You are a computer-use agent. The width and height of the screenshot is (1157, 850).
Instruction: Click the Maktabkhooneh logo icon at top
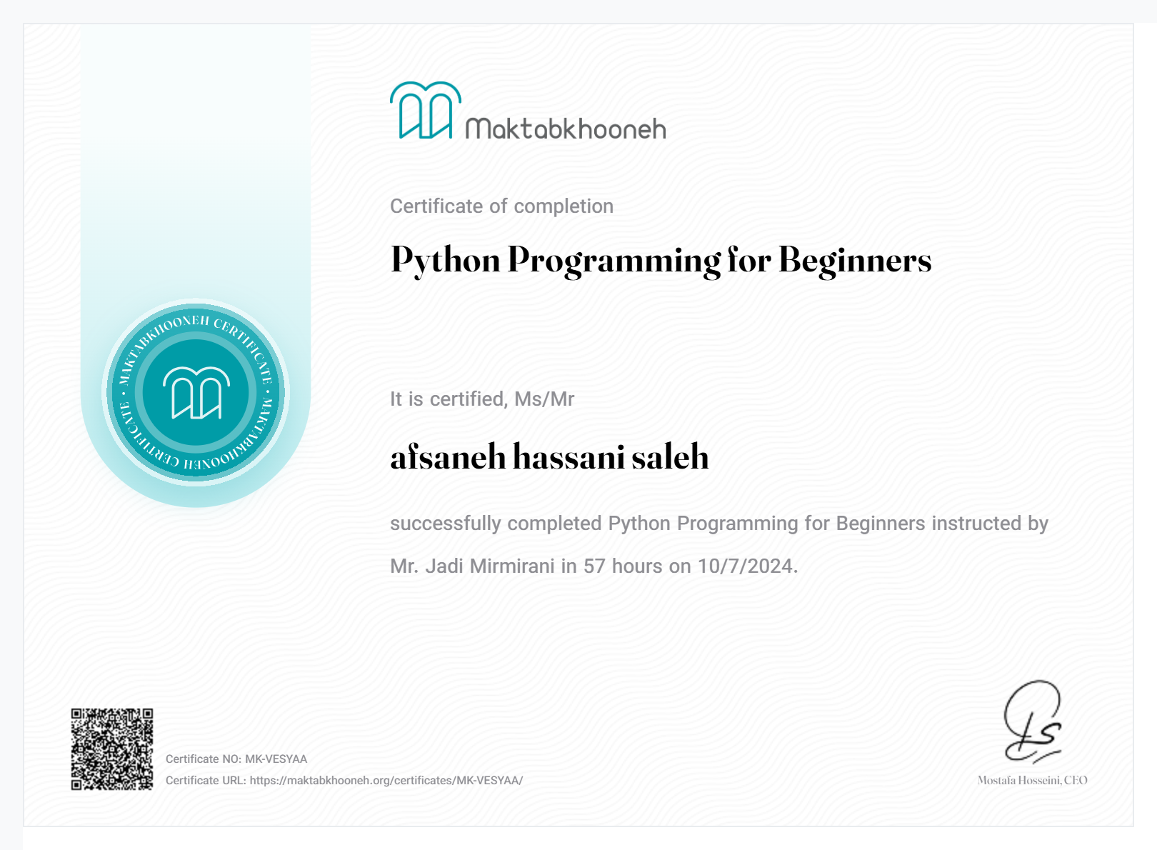click(x=426, y=111)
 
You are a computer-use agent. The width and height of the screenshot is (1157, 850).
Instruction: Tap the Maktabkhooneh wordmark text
click(x=566, y=129)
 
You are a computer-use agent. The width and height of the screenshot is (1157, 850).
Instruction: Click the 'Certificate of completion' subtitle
click(x=501, y=206)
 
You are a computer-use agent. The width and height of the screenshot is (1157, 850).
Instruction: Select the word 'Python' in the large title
click(x=446, y=260)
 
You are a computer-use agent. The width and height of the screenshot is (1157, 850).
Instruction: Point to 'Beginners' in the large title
click(x=855, y=260)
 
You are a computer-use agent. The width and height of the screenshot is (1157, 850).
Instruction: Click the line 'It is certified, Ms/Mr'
click(x=482, y=399)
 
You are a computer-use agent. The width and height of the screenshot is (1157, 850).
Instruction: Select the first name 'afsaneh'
click(x=448, y=457)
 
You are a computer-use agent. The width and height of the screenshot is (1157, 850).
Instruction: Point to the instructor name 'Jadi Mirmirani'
click(x=490, y=566)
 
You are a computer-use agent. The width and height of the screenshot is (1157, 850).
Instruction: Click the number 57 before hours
click(x=595, y=566)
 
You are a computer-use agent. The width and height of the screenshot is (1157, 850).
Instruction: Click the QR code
click(x=112, y=749)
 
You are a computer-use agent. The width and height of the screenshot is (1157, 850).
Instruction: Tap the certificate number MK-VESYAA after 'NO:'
click(x=276, y=759)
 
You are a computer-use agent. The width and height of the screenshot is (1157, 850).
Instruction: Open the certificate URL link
click(x=386, y=781)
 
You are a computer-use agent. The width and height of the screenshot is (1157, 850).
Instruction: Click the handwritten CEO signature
click(x=1033, y=721)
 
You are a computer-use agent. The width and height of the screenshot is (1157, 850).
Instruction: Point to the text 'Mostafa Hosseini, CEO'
click(x=1032, y=781)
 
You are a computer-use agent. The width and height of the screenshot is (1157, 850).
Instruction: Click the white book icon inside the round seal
click(x=196, y=393)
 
